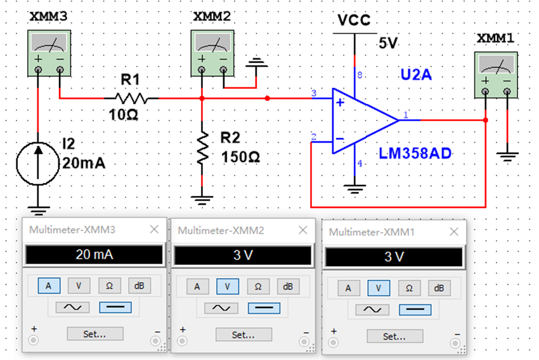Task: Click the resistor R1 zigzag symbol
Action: coord(132,98)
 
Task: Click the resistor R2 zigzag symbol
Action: coord(202,148)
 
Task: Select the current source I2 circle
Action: coord(37,163)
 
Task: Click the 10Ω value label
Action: coord(122,116)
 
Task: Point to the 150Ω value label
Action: coord(240,156)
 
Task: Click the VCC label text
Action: coord(354,21)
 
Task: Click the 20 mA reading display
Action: coord(93,255)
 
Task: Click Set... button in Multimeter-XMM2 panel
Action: coord(244,334)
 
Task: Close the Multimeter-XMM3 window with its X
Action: coord(154,230)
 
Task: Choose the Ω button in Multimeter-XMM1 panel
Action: coord(409,288)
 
